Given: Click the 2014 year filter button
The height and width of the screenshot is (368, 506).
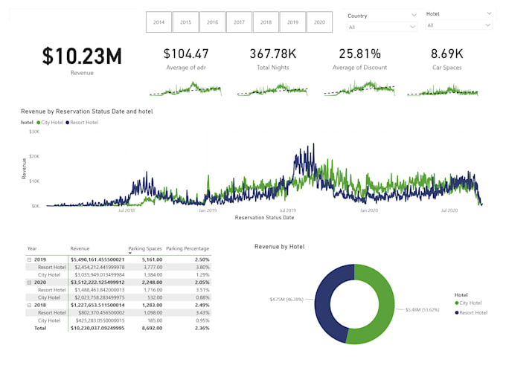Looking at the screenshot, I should (x=158, y=22).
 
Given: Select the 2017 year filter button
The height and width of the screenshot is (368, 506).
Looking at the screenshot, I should (x=239, y=22).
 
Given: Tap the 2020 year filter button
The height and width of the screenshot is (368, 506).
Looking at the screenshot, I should (x=319, y=22).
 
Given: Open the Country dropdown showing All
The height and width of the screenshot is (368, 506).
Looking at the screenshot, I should (x=382, y=27).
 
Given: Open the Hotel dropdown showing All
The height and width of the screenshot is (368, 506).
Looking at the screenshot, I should (x=458, y=25).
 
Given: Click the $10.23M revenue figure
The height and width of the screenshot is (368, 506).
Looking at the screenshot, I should (x=82, y=57).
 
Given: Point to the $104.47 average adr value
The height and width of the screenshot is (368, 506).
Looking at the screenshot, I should (x=186, y=54).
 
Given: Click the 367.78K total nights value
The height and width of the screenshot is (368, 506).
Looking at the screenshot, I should (x=274, y=54).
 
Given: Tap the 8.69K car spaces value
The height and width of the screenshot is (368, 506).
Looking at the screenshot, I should (x=447, y=54).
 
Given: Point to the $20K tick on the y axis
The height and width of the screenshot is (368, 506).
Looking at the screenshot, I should (x=34, y=156).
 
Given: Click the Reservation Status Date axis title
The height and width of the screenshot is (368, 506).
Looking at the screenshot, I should (x=264, y=218).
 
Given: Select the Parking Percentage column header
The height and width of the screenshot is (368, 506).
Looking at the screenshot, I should (x=188, y=249).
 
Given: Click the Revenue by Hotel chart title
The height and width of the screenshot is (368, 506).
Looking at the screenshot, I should (x=279, y=246).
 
